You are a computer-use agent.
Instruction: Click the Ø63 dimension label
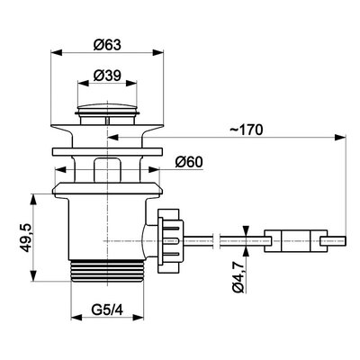tap(107, 45)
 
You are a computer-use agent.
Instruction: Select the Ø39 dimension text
tap(107, 76)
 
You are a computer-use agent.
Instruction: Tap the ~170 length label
tap(247, 130)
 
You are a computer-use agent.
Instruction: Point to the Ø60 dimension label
tap(189, 162)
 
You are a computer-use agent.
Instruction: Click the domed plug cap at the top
tap(107, 108)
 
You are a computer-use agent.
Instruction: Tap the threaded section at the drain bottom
tap(107, 271)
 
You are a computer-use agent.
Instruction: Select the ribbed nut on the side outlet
tap(170, 241)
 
